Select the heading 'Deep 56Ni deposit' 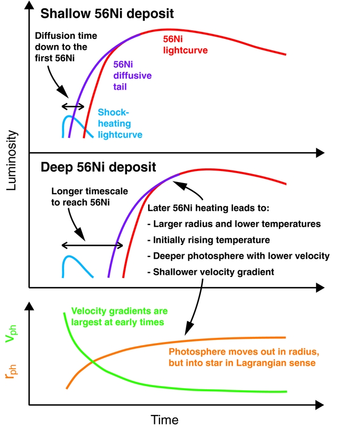(x=98, y=167)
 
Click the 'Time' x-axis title (x=165, y=419)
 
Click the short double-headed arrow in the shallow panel (x=73, y=106)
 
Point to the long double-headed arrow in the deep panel (x=92, y=245)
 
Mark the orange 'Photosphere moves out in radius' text (x=242, y=357)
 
